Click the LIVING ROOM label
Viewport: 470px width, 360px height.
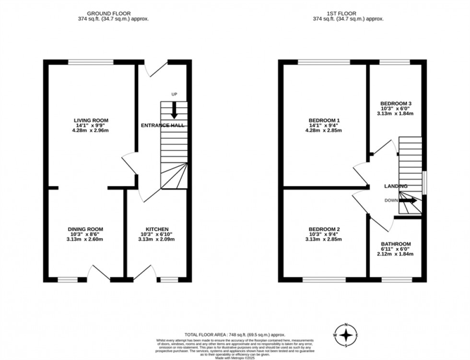(x=91, y=120)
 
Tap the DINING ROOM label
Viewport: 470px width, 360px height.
(x=85, y=229)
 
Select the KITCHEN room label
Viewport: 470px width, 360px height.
(x=157, y=229)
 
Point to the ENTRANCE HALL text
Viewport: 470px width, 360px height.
(x=162, y=125)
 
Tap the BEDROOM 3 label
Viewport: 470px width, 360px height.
(x=396, y=104)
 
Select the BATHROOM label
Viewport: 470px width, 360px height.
(x=396, y=244)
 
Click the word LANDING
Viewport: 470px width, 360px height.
(x=396, y=186)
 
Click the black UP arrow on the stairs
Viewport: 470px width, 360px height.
(x=174, y=110)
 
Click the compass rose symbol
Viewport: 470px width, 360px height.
(x=347, y=335)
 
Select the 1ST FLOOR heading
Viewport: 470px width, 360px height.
(x=348, y=13)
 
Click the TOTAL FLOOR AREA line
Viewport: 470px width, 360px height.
(x=235, y=334)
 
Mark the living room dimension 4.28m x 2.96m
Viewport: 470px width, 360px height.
(x=91, y=130)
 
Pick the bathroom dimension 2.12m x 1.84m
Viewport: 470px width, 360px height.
(x=396, y=254)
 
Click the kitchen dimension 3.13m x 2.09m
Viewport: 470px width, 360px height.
(x=157, y=239)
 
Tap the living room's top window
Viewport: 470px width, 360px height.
(x=91, y=61)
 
